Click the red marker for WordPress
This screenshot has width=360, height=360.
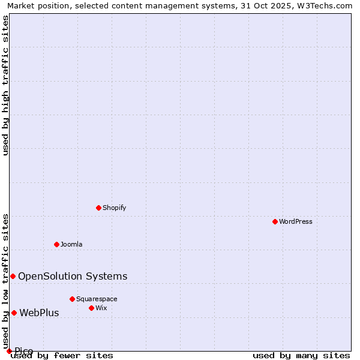(275, 221)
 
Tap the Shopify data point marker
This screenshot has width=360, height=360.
(98, 208)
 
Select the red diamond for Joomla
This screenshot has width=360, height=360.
(56, 244)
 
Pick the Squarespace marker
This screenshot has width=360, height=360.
(72, 299)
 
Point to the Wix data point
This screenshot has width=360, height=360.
(91, 308)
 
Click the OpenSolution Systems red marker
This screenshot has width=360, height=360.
(13, 276)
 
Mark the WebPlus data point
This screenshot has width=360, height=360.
(14, 313)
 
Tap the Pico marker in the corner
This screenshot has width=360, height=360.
(9, 351)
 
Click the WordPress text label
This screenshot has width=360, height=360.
(296, 221)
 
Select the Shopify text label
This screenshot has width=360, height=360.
(114, 208)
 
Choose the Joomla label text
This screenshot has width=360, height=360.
(71, 244)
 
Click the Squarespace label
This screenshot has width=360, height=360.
(97, 299)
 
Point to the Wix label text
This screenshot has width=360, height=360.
(101, 308)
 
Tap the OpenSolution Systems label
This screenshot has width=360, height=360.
(73, 276)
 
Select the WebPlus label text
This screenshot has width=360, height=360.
(39, 313)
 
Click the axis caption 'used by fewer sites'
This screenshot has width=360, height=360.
(62, 355)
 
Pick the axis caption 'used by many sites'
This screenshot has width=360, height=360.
(301, 355)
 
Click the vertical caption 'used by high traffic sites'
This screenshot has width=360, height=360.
(6, 85)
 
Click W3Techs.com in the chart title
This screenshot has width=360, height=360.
(325, 5)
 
